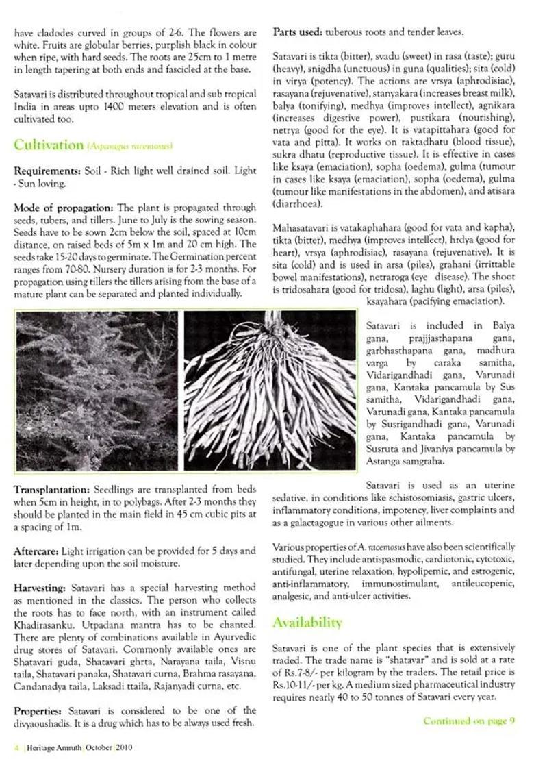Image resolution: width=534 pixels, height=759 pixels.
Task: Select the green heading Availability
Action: pos(307,622)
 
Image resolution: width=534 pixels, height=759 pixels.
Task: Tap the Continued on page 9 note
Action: pos(468,721)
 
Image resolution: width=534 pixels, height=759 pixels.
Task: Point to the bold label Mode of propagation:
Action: pos(64,208)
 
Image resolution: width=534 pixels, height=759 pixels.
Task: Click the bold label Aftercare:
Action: pos(36,551)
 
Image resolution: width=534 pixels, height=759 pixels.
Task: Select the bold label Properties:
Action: pos(39,710)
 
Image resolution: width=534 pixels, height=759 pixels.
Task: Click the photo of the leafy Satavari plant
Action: pos(97,390)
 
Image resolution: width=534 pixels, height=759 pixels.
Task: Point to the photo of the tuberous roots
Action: pos(270,390)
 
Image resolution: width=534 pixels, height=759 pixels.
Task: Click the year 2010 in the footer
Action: pos(124,747)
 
